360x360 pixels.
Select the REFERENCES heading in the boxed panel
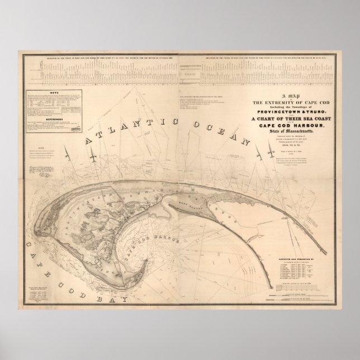coord(54,119)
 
